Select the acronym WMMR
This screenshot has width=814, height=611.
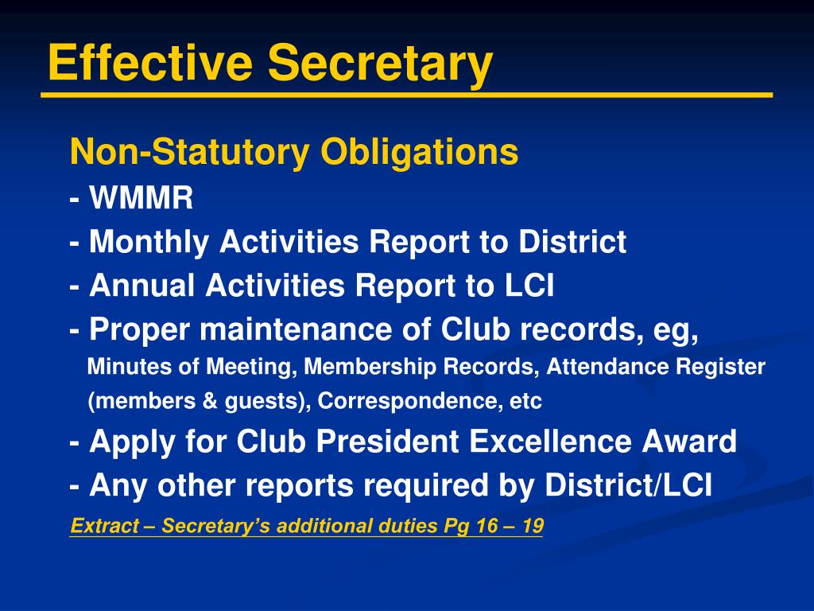click(141, 199)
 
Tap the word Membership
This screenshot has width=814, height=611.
click(370, 367)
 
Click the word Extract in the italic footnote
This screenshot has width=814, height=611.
click(100, 526)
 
